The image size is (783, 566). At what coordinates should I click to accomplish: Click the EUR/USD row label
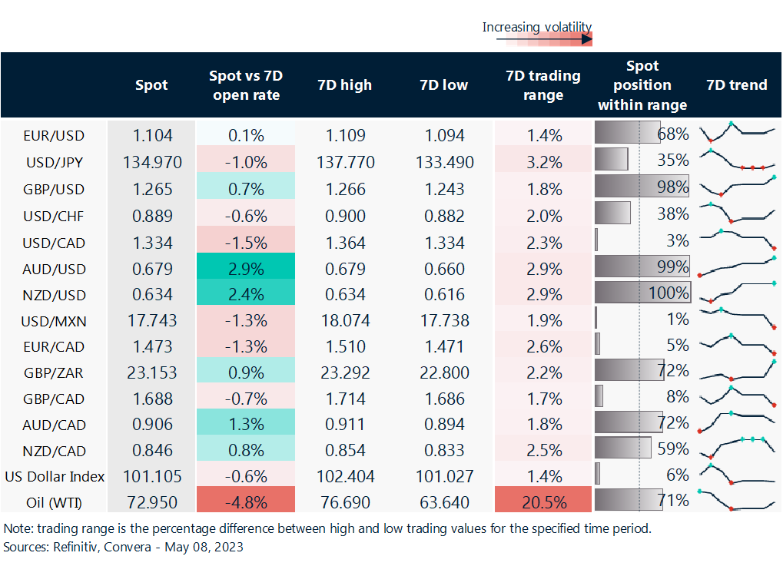(54, 136)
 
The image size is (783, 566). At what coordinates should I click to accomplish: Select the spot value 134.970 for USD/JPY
(151, 162)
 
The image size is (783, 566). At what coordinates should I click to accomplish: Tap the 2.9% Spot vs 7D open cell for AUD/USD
(246, 270)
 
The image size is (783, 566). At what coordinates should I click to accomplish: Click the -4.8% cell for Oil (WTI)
(246, 502)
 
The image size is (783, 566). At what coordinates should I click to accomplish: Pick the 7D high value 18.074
(345, 320)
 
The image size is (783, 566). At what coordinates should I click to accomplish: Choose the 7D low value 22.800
(444, 372)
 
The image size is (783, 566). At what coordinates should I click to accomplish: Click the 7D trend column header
(737, 84)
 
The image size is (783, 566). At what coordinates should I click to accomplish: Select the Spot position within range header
(642, 84)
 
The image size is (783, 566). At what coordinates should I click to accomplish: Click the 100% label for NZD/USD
(668, 293)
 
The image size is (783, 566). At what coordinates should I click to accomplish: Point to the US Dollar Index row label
(54, 476)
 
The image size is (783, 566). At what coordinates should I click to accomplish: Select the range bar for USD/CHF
(612, 213)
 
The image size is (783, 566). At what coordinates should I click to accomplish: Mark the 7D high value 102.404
(345, 476)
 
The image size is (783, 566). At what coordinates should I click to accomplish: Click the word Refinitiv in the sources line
(76, 548)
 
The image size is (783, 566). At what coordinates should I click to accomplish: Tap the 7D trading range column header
(543, 85)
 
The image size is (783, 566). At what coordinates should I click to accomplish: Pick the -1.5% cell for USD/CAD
(246, 243)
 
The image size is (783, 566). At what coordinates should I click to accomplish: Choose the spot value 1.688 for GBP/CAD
(151, 399)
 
